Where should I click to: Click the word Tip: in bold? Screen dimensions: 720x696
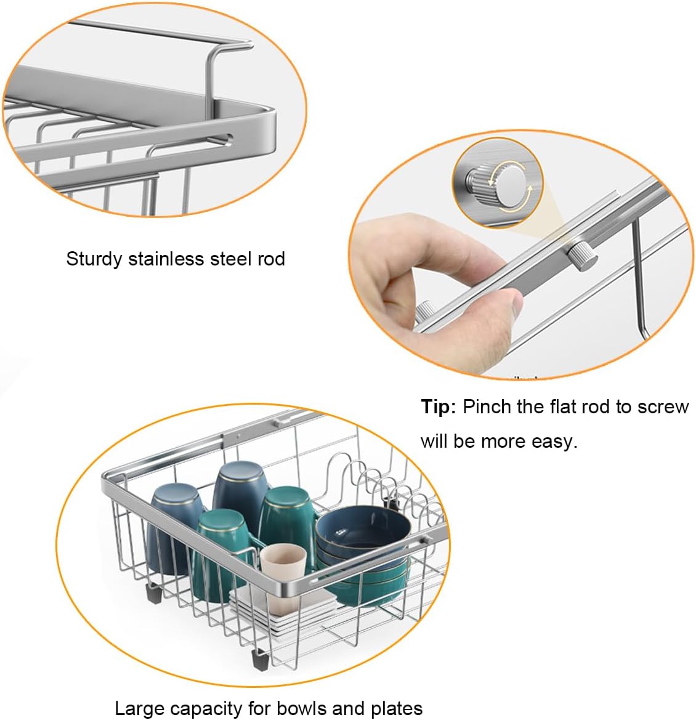(x=438, y=407)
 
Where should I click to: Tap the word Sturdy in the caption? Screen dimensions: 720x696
(x=94, y=259)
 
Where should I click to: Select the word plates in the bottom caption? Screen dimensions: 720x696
(x=397, y=708)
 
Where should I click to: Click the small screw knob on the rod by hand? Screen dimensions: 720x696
(x=580, y=255)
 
